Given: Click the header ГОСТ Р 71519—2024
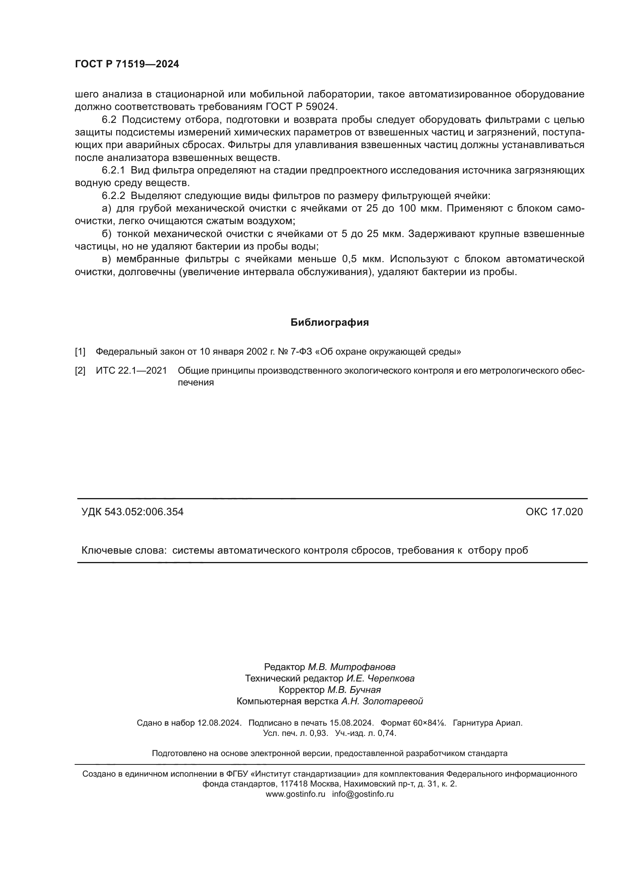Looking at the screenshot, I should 127,64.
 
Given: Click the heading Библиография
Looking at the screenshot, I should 329,323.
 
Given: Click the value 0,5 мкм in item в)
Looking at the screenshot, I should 363,259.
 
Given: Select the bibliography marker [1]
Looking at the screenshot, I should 80,352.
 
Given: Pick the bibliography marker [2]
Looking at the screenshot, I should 80,371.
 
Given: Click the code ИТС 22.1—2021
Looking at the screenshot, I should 131,371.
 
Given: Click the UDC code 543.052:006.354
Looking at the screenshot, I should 144,512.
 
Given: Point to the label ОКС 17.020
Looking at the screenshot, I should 554,512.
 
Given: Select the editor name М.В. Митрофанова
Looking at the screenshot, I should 352,667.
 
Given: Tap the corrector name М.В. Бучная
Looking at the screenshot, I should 354,690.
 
